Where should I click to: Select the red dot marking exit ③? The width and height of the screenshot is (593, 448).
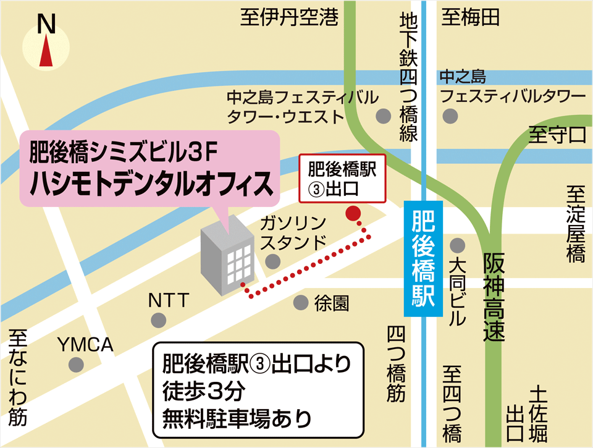353,214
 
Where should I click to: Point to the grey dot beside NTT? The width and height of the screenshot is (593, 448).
159,320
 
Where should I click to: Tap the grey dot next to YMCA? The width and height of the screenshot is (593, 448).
77,365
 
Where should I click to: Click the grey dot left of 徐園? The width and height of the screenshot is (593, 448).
301,303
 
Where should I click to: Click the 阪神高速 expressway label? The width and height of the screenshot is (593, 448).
494,297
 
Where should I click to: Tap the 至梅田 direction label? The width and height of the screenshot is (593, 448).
471,18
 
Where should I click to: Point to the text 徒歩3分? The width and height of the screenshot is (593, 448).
204,392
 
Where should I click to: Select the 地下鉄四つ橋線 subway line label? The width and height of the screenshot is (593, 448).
409,77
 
